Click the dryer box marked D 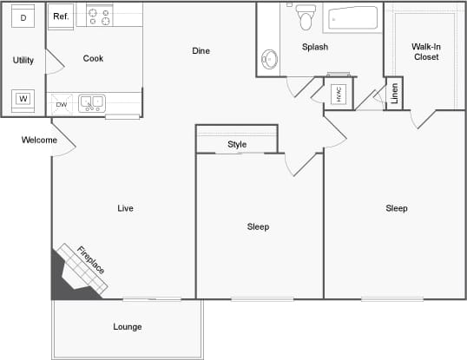(23, 17)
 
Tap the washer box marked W (23, 98)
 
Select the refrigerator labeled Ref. (61, 16)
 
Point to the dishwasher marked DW (62, 104)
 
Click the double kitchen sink (92, 103)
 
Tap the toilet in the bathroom (305, 16)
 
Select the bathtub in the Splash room (351, 19)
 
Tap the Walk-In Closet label (425, 51)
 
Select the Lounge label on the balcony (127, 326)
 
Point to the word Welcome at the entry (39, 140)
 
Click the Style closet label (237, 144)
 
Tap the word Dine (201, 50)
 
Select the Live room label (125, 208)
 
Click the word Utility (23, 60)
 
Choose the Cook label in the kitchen (93, 58)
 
